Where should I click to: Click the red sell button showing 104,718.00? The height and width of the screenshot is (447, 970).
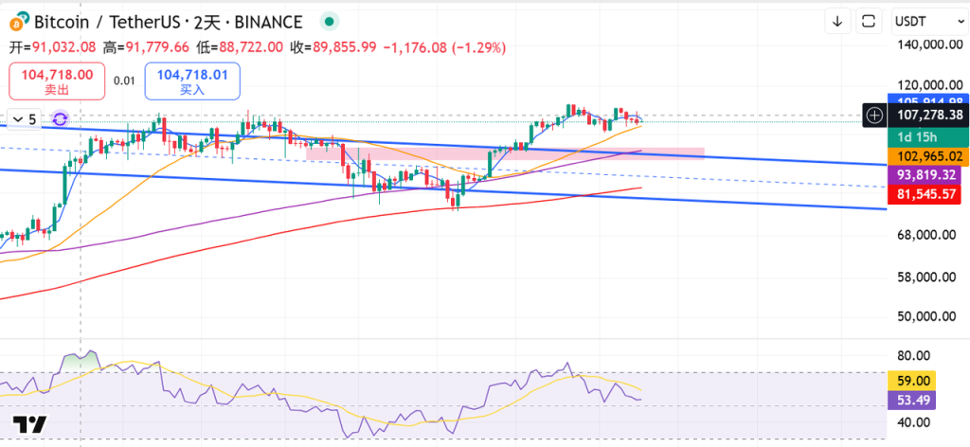coord(52,80)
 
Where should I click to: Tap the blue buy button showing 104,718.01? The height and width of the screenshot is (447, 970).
coord(192,80)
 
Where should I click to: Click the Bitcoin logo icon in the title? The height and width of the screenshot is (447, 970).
coord(17,21)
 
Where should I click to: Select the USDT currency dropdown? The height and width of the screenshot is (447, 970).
coord(925,21)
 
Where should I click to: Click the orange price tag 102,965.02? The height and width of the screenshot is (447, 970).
coord(927,156)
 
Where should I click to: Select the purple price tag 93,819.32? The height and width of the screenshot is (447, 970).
coord(927,175)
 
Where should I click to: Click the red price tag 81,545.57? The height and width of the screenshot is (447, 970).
coord(927,193)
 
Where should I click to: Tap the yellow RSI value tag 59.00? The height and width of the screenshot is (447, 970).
coord(917,380)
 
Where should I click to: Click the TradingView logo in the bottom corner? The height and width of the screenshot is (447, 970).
coord(29,424)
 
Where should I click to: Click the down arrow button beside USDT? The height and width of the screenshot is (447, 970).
coord(838,21)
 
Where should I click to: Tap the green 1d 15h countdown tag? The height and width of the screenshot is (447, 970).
coord(918,136)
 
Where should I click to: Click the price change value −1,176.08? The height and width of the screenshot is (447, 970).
coord(416,46)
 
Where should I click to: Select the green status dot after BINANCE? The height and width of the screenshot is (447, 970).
coord(328,21)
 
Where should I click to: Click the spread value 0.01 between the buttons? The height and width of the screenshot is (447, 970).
coord(124,80)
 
